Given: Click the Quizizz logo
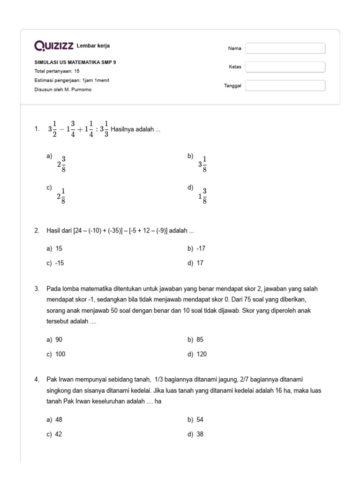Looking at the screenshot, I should pyautogui.click(x=53, y=45).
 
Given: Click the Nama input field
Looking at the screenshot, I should pyautogui.click(x=285, y=48).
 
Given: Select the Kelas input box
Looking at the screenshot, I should pyautogui.click(x=285, y=67).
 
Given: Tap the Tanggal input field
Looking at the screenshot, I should pyautogui.click(x=285, y=85).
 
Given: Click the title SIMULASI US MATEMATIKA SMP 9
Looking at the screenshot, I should pyautogui.click(x=75, y=62).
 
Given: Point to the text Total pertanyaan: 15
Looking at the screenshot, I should pyautogui.click(x=57, y=71).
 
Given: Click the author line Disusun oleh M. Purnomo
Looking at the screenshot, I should pyautogui.click(x=63, y=90).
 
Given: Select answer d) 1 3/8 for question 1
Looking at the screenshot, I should pyautogui.click(x=202, y=196).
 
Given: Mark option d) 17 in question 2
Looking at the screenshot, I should pyautogui.click(x=196, y=263).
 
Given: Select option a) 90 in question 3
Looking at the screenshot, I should pyautogui.click(x=55, y=339).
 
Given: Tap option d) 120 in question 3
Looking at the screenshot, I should pyautogui.click(x=197, y=354).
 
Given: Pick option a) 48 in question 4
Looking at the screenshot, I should pyautogui.click(x=55, y=420).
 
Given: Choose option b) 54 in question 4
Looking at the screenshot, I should pyautogui.click(x=196, y=420).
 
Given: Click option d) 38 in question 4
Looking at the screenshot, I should pyautogui.click(x=196, y=435).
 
